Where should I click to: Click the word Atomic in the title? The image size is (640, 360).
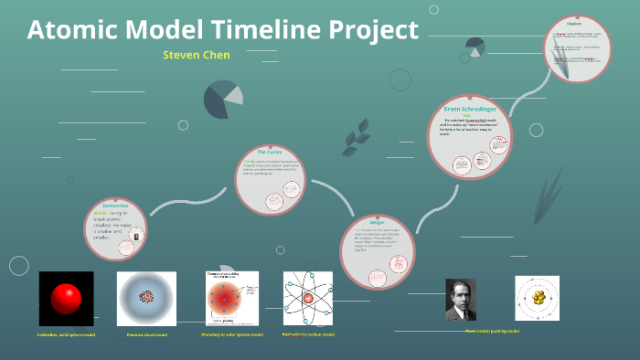coord(75,30)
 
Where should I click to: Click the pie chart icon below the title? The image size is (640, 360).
coord(223,100)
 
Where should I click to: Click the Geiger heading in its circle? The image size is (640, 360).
coord(377,222)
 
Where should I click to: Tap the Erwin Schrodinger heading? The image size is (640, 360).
coord(475,108)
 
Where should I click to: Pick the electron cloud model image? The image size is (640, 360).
coord(146,299)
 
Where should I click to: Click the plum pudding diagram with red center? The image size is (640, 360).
coord(231,299)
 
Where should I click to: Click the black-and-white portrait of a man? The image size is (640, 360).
coord(461,300)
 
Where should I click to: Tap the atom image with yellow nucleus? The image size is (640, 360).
coord(538,298)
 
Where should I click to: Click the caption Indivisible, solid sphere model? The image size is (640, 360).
coord(67,334)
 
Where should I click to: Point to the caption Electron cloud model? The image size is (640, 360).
coord(146,334)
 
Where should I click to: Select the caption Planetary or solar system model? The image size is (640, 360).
coord(232,334)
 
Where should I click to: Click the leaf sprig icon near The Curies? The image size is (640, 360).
coord(350,140)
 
